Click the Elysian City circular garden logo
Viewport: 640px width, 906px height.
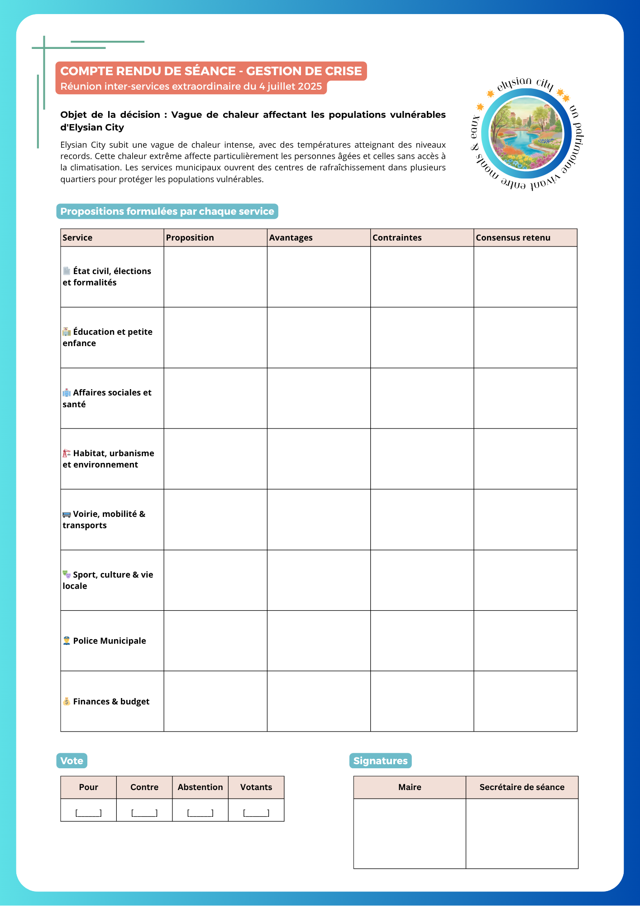(527, 134)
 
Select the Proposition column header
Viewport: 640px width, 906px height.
(190, 238)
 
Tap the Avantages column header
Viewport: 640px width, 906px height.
(291, 238)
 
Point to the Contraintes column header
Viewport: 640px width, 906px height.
(397, 238)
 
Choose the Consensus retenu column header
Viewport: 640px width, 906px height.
(513, 238)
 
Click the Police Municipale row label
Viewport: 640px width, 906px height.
(109, 641)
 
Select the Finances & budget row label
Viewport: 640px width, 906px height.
(111, 702)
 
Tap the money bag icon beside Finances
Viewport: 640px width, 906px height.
(67, 702)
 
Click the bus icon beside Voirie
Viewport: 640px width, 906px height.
(67, 514)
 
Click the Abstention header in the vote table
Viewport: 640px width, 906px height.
(200, 787)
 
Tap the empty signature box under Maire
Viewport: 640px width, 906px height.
(410, 834)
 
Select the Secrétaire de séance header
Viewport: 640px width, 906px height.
(522, 787)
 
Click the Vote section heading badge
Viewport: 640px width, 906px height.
(72, 761)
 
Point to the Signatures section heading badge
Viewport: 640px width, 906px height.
(380, 761)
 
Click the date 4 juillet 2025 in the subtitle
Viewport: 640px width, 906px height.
(291, 87)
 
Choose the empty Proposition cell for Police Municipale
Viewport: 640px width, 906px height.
(215, 641)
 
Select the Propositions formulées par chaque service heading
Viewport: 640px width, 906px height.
(167, 212)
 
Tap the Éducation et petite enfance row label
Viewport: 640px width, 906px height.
(108, 337)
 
